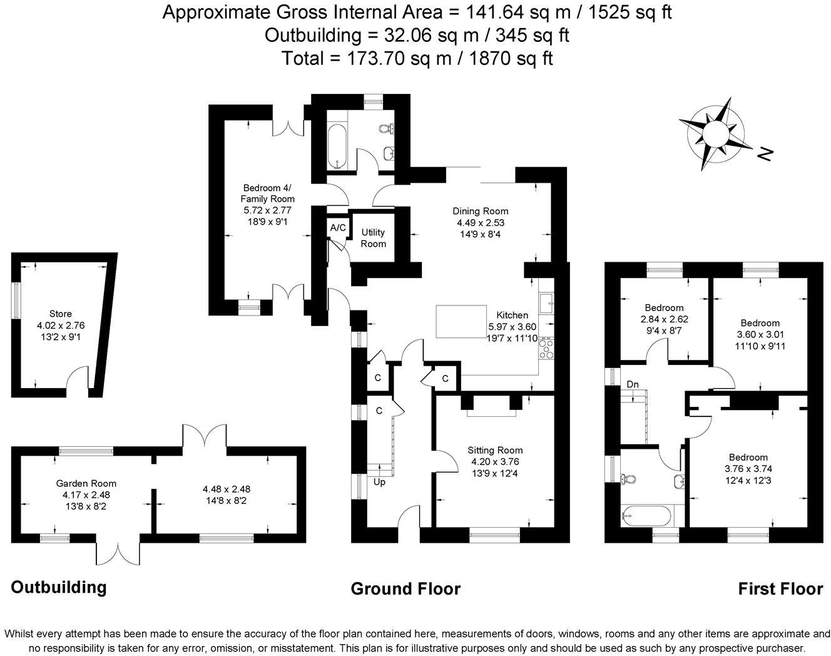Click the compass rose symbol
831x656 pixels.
(716, 133)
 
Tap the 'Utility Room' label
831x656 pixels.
(374, 238)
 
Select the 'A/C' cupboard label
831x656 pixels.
(338, 227)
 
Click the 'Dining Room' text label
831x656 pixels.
(481, 211)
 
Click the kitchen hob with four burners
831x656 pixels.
(546, 348)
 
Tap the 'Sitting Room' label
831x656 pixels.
(495, 450)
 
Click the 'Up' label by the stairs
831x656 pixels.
(379, 482)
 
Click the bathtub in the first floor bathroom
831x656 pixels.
(646, 517)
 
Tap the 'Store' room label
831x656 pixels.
(61, 314)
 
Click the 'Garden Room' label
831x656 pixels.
(86, 483)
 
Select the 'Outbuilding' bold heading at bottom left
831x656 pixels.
(59, 587)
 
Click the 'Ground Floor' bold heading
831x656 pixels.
(405, 588)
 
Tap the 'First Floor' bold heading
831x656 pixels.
(780, 589)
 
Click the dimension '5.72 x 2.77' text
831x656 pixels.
(268, 210)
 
